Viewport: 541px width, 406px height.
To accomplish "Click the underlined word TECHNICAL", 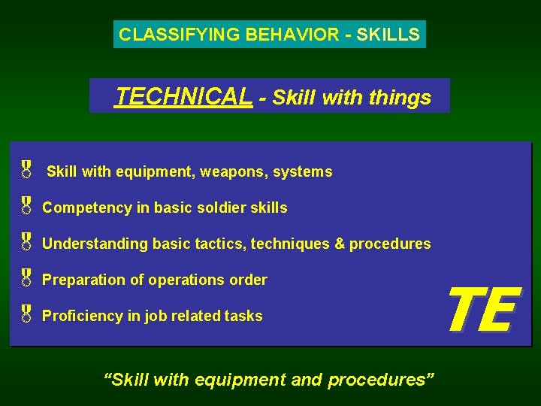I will (184, 96).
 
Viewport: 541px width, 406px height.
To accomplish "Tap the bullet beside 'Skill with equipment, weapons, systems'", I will (26, 169).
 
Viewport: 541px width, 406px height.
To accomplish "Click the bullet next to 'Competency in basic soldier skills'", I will (26, 205).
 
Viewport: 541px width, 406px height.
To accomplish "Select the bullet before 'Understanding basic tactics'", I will (26, 241).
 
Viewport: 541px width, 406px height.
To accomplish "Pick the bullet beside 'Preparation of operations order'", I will (26, 277).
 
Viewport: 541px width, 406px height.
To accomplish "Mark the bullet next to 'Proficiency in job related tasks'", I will (26, 314).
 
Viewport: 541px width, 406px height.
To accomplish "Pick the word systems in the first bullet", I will (303, 172).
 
